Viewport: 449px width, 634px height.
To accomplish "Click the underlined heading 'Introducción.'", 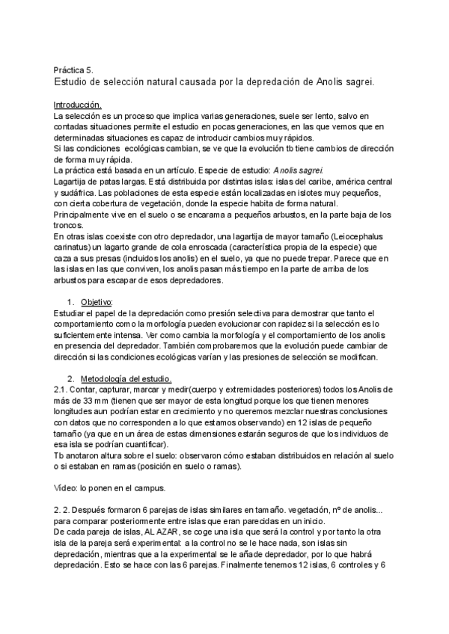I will (x=78, y=105).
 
